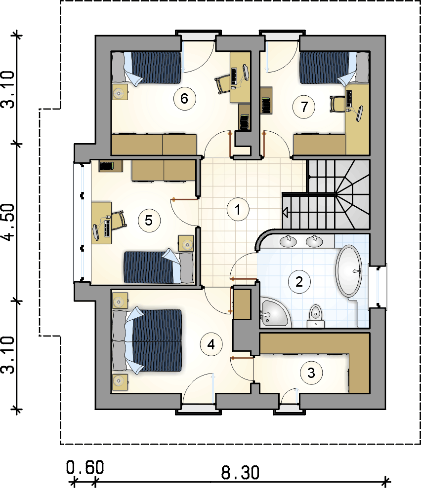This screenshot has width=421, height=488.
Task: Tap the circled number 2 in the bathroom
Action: [299, 282]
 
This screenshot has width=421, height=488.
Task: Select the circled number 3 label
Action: [311, 373]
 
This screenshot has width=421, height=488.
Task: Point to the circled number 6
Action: [184, 99]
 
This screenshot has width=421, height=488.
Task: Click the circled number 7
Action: [304, 107]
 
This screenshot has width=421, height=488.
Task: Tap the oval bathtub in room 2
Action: [349, 271]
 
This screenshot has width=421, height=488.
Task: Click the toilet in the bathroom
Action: [315, 316]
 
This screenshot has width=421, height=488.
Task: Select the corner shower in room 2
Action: [275, 312]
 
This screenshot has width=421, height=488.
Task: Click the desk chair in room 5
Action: [119, 220]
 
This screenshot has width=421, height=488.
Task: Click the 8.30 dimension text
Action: [240, 472]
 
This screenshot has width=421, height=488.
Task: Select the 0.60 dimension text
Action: [85, 468]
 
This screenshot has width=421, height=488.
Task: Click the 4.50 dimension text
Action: [8, 223]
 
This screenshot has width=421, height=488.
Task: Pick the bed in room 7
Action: [335, 69]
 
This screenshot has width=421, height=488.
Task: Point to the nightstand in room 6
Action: [120, 92]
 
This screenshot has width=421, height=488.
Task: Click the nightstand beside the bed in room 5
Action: [186, 243]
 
